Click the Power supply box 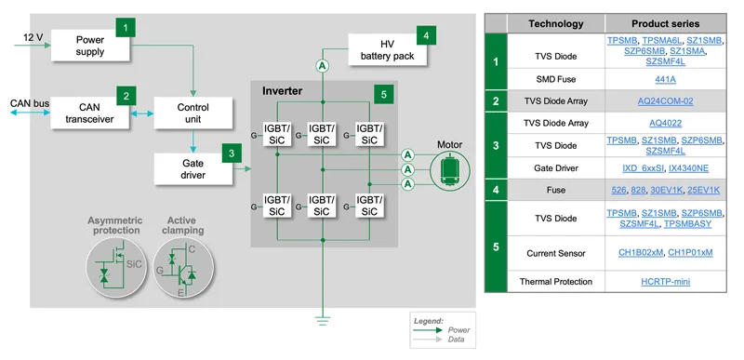coord(90,46)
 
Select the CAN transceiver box coord(89,113)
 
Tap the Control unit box coord(193,113)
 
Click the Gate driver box coord(193,169)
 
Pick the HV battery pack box coord(388,49)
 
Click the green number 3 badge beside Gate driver coord(232,153)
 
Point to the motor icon coord(450,169)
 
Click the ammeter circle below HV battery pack coord(323,67)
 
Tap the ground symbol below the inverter coord(323,321)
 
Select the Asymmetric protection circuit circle coord(115,268)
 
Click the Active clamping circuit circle coord(183,268)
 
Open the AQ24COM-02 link coord(665,101)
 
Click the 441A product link coord(665,79)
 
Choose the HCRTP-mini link coord(665,282)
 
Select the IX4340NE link coord(688,167)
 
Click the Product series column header coord(665,23)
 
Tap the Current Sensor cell coord(556,253)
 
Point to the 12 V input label coord(33,37)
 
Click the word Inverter coord(283,90)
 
